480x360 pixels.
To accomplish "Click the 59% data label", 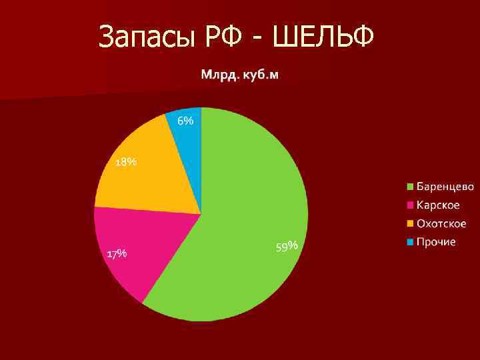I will tap(286, 247).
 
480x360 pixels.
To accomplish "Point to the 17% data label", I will tap(117, 253).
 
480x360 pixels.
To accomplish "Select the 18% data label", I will tap(126, 162).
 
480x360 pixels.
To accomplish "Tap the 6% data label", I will tap(185, 121).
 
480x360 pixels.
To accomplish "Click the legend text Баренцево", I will tap(445, 185).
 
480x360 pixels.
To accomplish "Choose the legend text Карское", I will tap(438, 204).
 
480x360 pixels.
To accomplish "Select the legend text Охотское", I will tap(441, 223).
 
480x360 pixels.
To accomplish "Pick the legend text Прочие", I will tap(436, 241).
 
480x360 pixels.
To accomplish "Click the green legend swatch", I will tap(411, 185).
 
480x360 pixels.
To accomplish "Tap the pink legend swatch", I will tap(411, 204).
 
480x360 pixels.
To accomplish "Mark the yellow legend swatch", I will tap(411, 223).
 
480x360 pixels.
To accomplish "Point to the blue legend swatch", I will tap(411, 241).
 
